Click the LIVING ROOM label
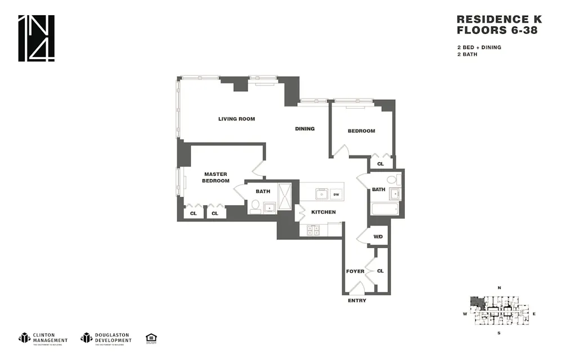(x=236, y=119)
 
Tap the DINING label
(x=305, y=128)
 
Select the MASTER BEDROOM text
(x=216, y=177)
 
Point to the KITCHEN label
(x=323, y=212)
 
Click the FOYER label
(x=355, y=271)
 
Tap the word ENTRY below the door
(x=357, y=300)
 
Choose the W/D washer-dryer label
(x=378, y=236)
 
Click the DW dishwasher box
(x=336, y=194)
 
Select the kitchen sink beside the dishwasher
(x=321, y=194)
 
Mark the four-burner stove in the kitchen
(x=312, y=230)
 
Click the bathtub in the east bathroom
(x=385, y=209)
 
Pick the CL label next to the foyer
(x=380, y=271)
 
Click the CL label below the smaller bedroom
(x=380, y=164)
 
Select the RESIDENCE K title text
(x=499, y=19)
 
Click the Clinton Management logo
(x=43, y=338)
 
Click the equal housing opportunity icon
(x=151, y=338)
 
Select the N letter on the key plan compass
(x=499, y=288)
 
